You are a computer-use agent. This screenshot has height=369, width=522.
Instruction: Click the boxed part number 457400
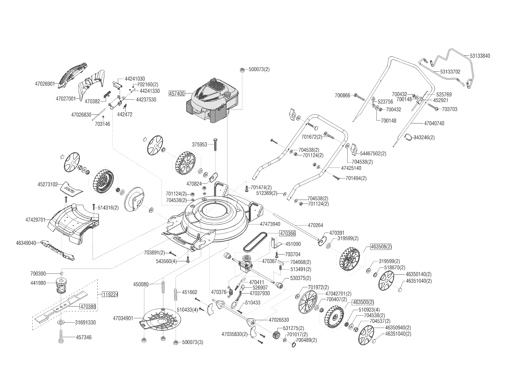[177, 93]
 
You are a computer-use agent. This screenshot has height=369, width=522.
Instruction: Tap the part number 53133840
[480, 56]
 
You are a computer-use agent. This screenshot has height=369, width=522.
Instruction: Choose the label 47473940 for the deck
[270, 224]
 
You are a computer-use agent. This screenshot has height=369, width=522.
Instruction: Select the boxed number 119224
[110, 295]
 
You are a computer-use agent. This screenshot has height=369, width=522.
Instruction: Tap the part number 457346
[84, 337]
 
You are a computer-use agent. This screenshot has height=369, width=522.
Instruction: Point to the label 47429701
[35, 220]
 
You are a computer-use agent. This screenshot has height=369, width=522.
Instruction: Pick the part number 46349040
[26, 243]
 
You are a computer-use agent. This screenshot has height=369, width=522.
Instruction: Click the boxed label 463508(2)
[381, 247]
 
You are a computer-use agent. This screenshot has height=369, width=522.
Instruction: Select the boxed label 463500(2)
[362, 302]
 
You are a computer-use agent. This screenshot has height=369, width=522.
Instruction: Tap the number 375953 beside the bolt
[199, 145]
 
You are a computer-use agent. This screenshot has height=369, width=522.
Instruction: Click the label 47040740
[434, 123]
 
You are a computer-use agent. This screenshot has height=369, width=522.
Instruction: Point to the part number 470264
[315, 226]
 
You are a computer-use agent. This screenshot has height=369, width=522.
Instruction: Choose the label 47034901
[123, 318]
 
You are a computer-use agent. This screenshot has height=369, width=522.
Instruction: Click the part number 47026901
[45, 84]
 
